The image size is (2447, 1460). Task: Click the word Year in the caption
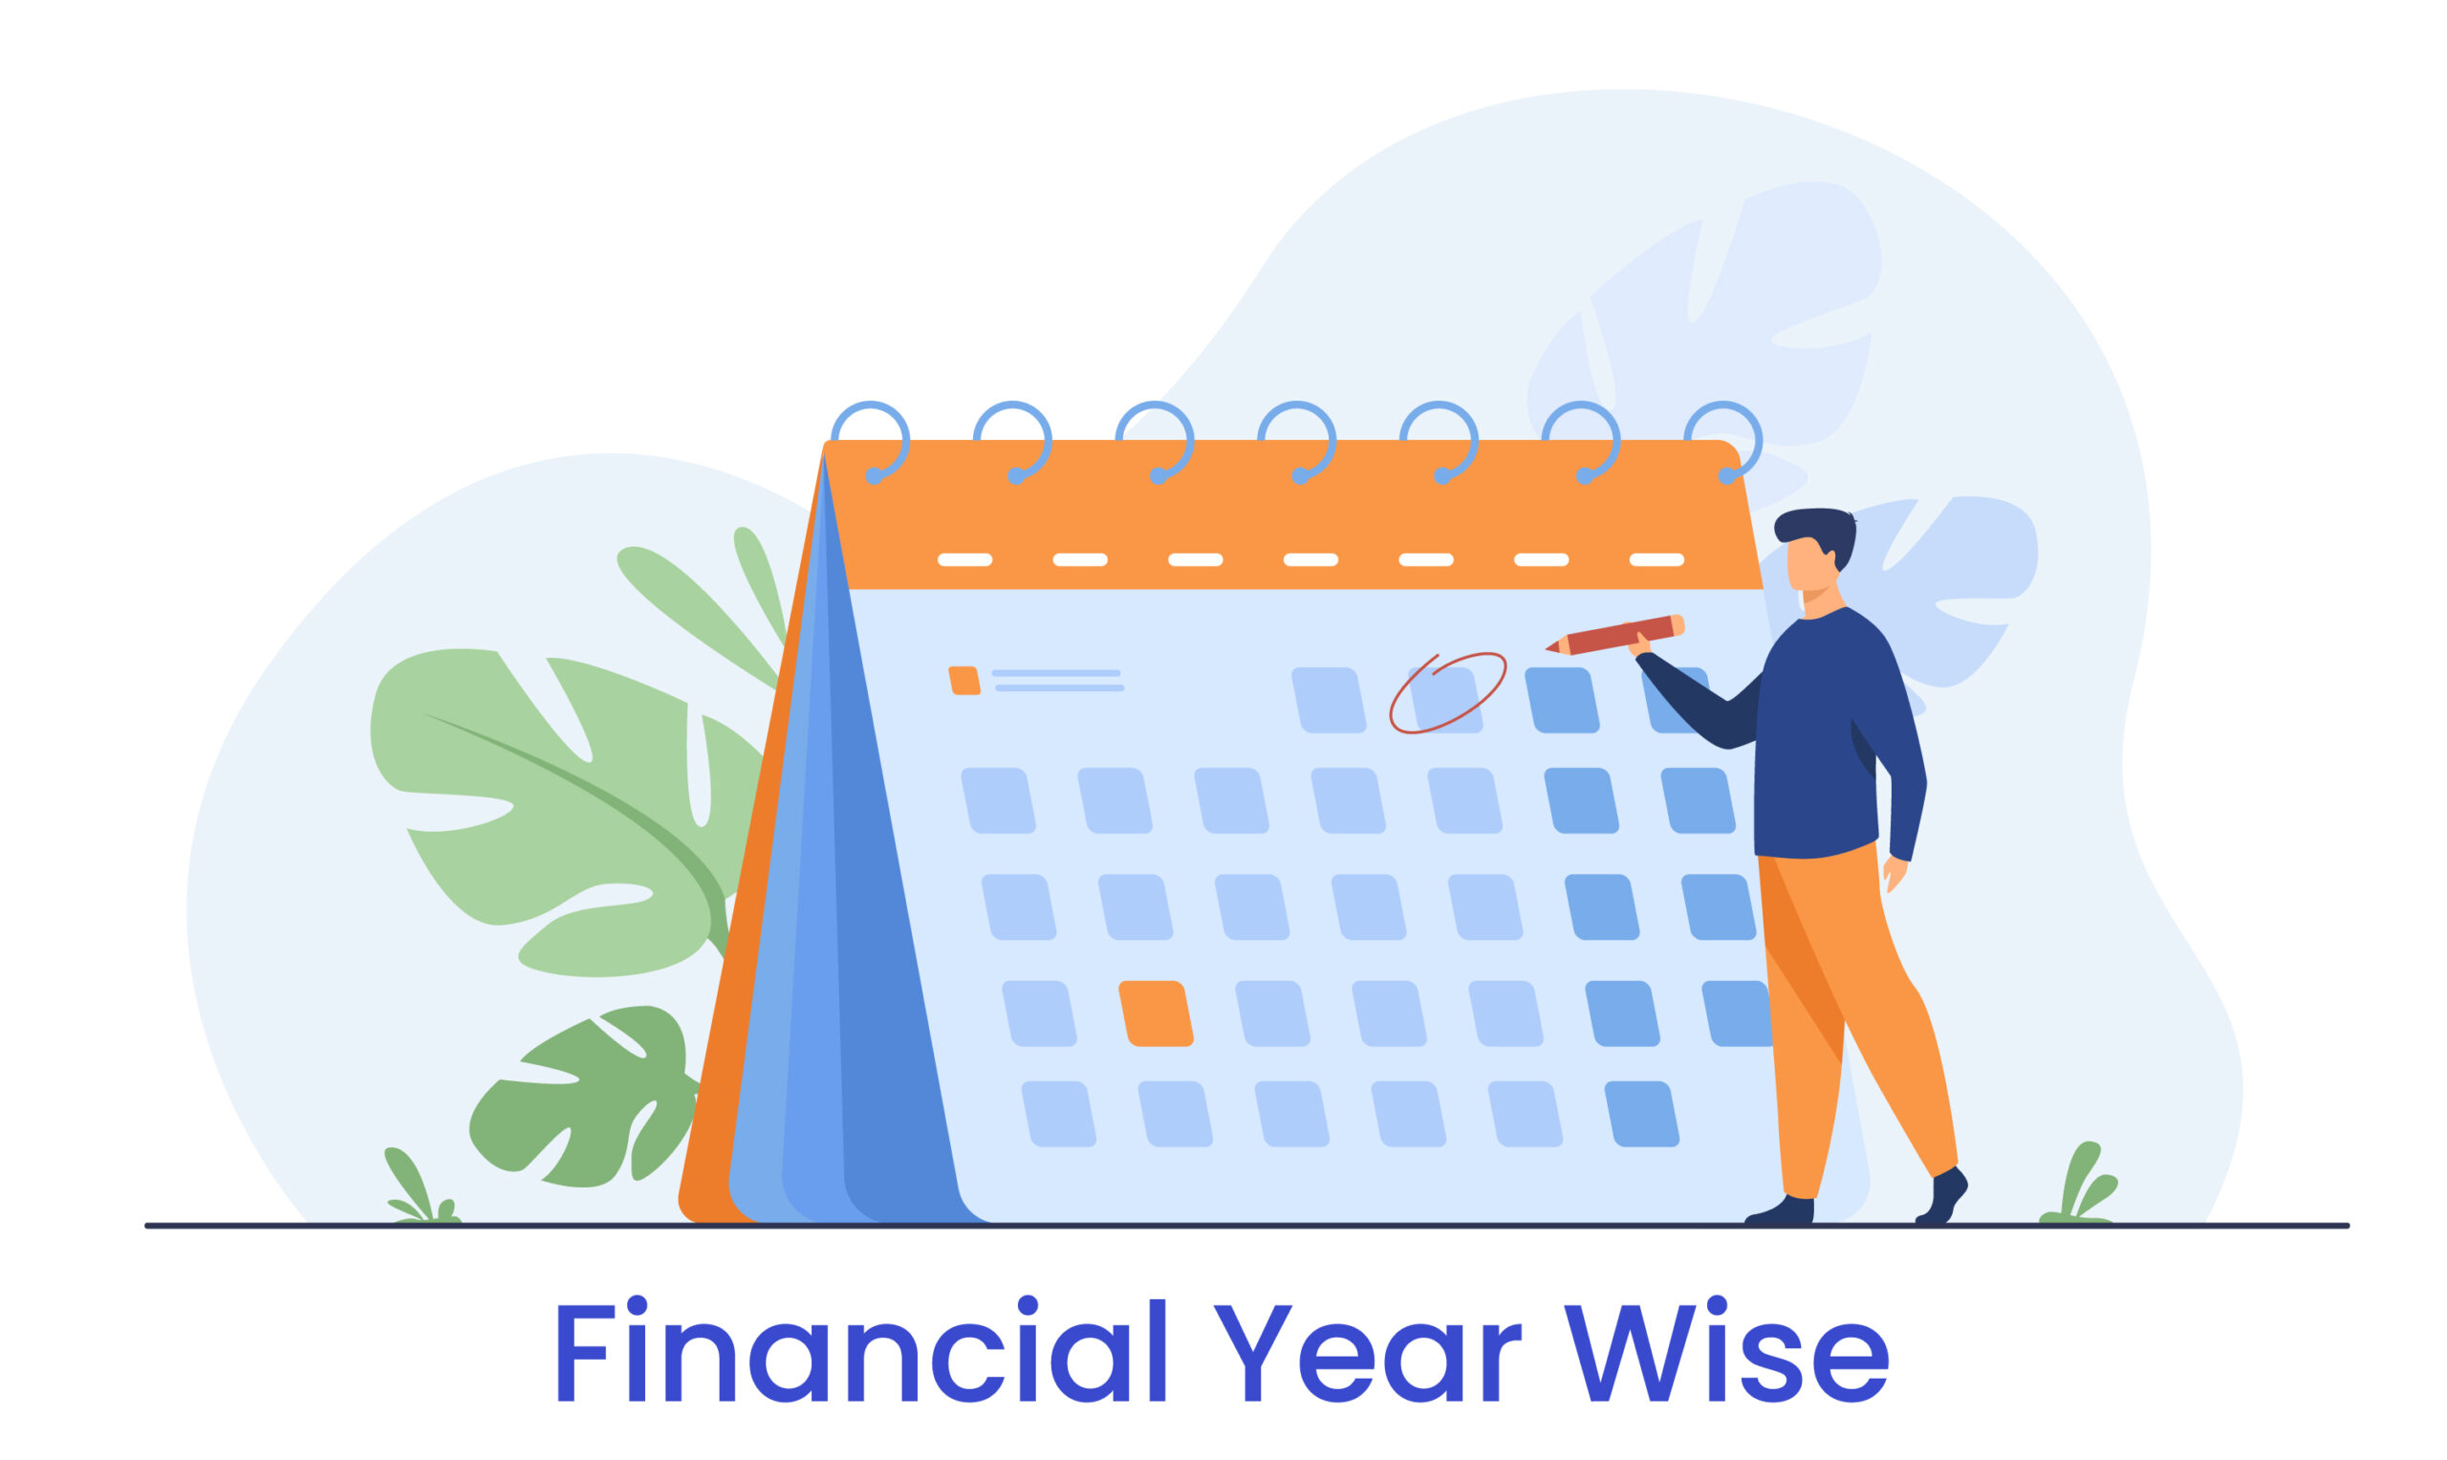pyautogui.click(x=1368, y=1353)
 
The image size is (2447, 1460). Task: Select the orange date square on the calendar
pyautogui.click(x=1156, y=1014)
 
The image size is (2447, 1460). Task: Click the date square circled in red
pyautogui.click(x=1445, y=701)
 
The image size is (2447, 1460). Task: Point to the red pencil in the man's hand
pyautogui.click(x=1615, y=635)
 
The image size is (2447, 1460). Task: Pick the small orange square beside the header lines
pyautogui.click(x=964, y=681)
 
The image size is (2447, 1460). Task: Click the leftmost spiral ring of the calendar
pyautogui.click(x=871, y=442)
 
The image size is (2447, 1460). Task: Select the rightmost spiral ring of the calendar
pyautogui.click(x=1723, y=442)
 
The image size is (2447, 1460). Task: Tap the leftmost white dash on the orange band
pyautogui.click(x=964, y=559)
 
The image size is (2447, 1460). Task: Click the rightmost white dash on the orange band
pyautogui.click(x=1657, y=559)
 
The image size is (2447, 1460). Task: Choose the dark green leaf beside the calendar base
pyautogui.click(x=587, y=1098)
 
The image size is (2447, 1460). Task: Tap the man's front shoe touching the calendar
pyautogui.click(x=1780, y=1210)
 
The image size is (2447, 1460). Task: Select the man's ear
pyautogui.click(x=1830, y=561)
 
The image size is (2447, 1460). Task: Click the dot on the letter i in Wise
pyautogui.click(x=1716, y=1305)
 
